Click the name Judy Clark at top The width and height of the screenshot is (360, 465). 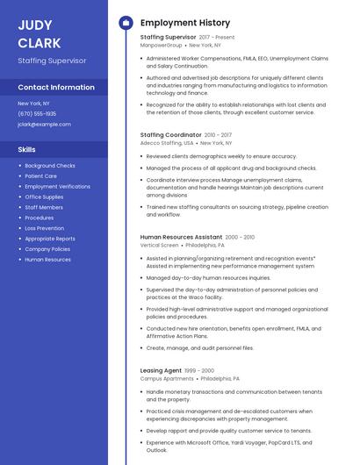click(x=40, y=33)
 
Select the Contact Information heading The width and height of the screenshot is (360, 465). click(x=56, y=88)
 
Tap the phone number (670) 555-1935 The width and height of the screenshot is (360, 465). click(x=37, y=114)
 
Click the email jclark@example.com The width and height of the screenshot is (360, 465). click(x=44, y=125)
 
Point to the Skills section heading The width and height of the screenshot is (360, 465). click(x=26, y=149)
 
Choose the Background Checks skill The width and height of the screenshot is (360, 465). click(x=50, y=166)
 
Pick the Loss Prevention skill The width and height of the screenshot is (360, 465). click(x=44, y=228)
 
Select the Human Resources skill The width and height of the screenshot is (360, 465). click(x=47, y=260)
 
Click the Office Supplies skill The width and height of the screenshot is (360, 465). click(x=44, y=197)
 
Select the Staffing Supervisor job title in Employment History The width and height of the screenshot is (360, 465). click(x=168, y=38)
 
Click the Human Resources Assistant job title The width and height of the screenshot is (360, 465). click(x=181, y=237)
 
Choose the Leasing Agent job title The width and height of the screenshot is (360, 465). click(x=161, y=370)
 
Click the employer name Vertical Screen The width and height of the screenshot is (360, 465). click(x=159, y=245)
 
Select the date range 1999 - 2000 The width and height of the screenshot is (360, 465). click(x=199, y=370)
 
